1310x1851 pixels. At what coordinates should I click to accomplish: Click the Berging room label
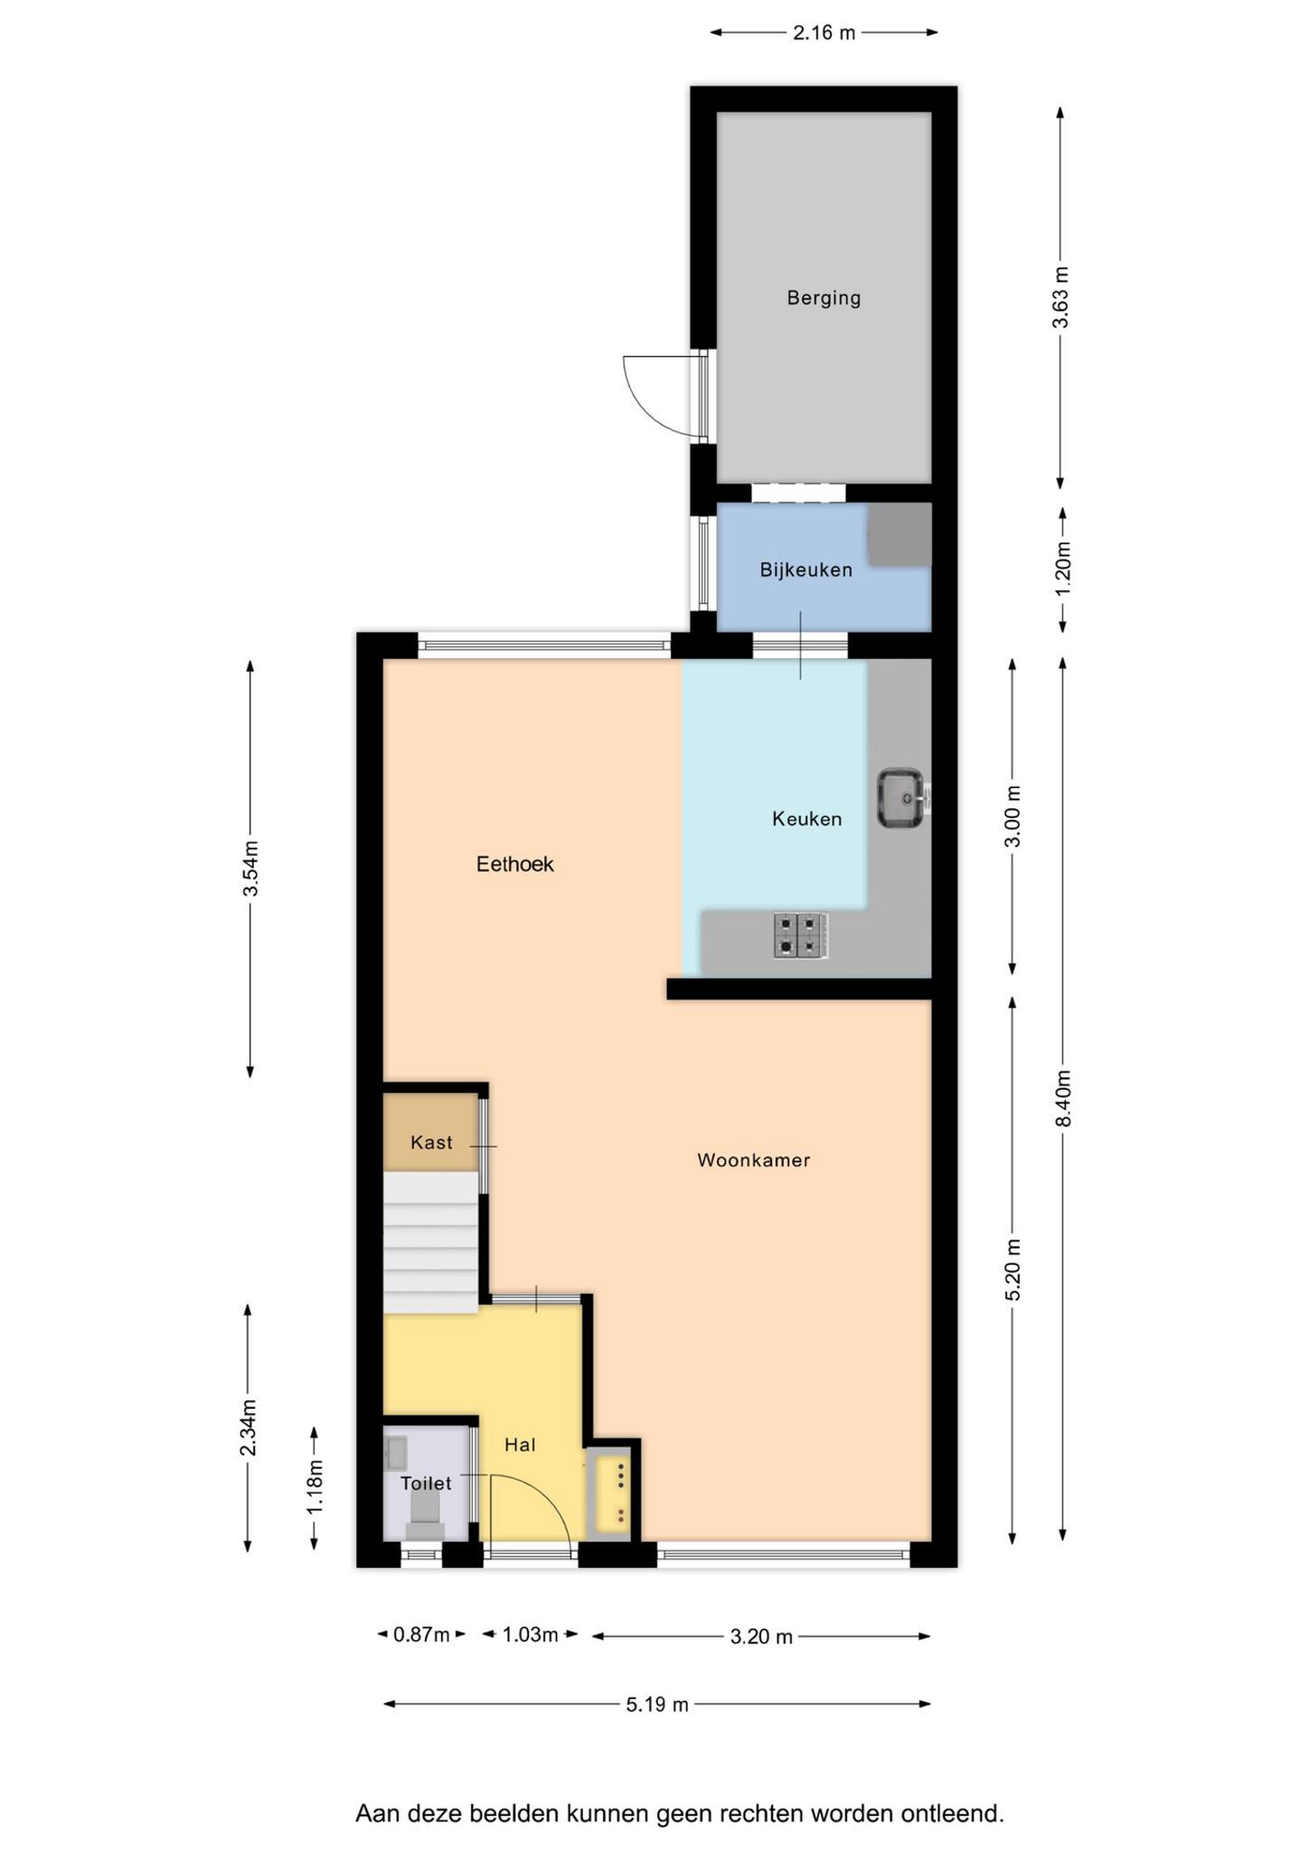click(x=824, y=298)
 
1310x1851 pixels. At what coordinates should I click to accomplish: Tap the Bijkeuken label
click(x=806, y=570)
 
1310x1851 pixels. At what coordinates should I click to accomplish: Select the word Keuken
click(x=806, y=819)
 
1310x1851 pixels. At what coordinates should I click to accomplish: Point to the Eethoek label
click(x=514, y=864)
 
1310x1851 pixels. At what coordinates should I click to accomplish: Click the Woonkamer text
click(x=753, y=1160)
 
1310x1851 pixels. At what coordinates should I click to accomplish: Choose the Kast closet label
click(x=431, y=1142)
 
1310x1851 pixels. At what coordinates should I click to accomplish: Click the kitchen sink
click(x=900, y=797)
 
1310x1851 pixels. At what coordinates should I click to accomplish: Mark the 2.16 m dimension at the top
click(x=824, y=33)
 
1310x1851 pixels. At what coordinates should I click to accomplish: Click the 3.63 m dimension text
click(x=1061, y=297)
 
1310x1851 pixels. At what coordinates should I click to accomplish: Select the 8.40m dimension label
click(x=1064, y=1098)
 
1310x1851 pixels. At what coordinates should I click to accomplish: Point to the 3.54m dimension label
click(x=250, y=869)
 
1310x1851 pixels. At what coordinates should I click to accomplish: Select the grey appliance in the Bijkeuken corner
click(x=900, y=535)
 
